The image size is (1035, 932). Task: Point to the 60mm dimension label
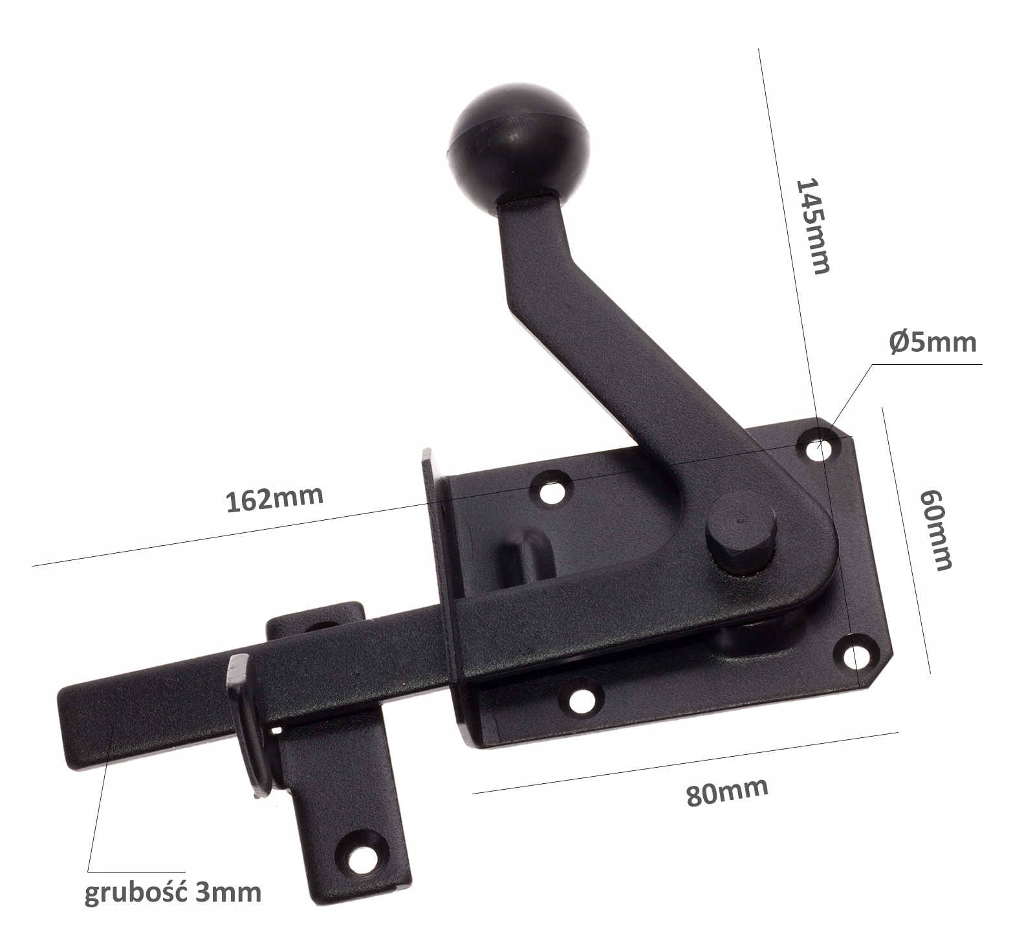pos(936,528)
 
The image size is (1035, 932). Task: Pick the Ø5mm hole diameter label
pos(932,341)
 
